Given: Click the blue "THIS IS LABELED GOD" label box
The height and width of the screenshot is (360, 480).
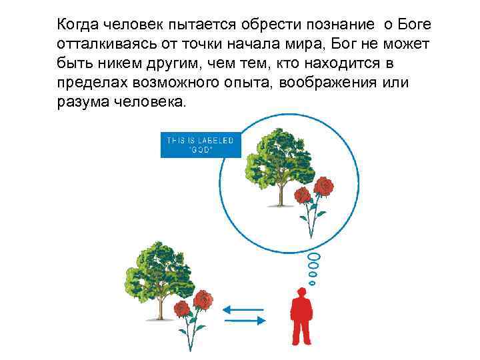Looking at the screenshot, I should coord(200,144).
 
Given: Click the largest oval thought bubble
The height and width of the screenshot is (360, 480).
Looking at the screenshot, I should coord(315,257).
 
